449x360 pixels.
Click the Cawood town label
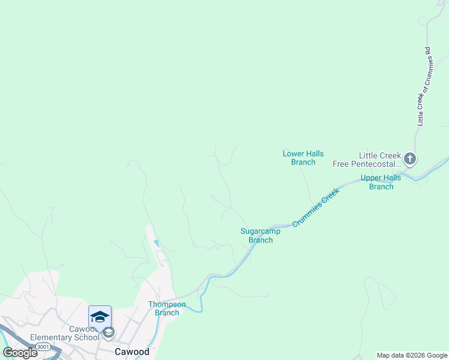[132, 352]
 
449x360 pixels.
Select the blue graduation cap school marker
[100, 316]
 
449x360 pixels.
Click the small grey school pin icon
[108, 332]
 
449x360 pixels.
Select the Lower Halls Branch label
[303, 158]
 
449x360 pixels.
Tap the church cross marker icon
[410, 160]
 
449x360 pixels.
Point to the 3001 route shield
[43, 347]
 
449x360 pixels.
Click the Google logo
[20, 352]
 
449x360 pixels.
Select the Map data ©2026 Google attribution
[412, 355]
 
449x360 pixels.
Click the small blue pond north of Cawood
[157, 242]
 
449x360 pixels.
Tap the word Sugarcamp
[261, 232]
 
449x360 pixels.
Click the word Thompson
[167, 304]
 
